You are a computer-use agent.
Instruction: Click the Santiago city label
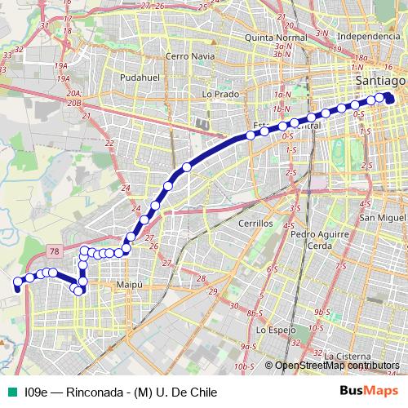(x=380, y=82)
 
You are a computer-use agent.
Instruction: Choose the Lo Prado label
(x=219, y=94)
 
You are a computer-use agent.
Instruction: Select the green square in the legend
(x=10, y=392)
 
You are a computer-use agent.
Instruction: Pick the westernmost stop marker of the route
(x=17, y=282)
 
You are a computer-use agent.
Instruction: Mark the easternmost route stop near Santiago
(x=388, y=100)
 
